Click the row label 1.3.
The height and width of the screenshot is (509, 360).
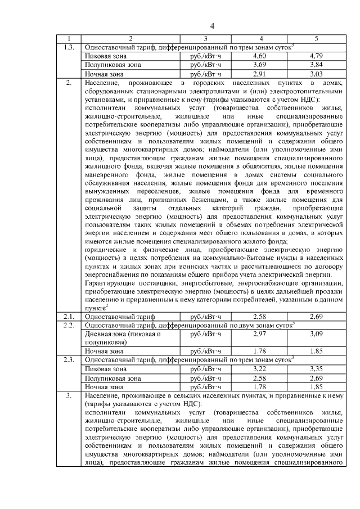(x=69, y=47)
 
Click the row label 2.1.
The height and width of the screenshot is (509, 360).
(x=69, y=317)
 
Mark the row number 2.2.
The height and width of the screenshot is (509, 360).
(x=69, y=325)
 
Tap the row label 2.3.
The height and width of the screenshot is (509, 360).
(x=69, y=360)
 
